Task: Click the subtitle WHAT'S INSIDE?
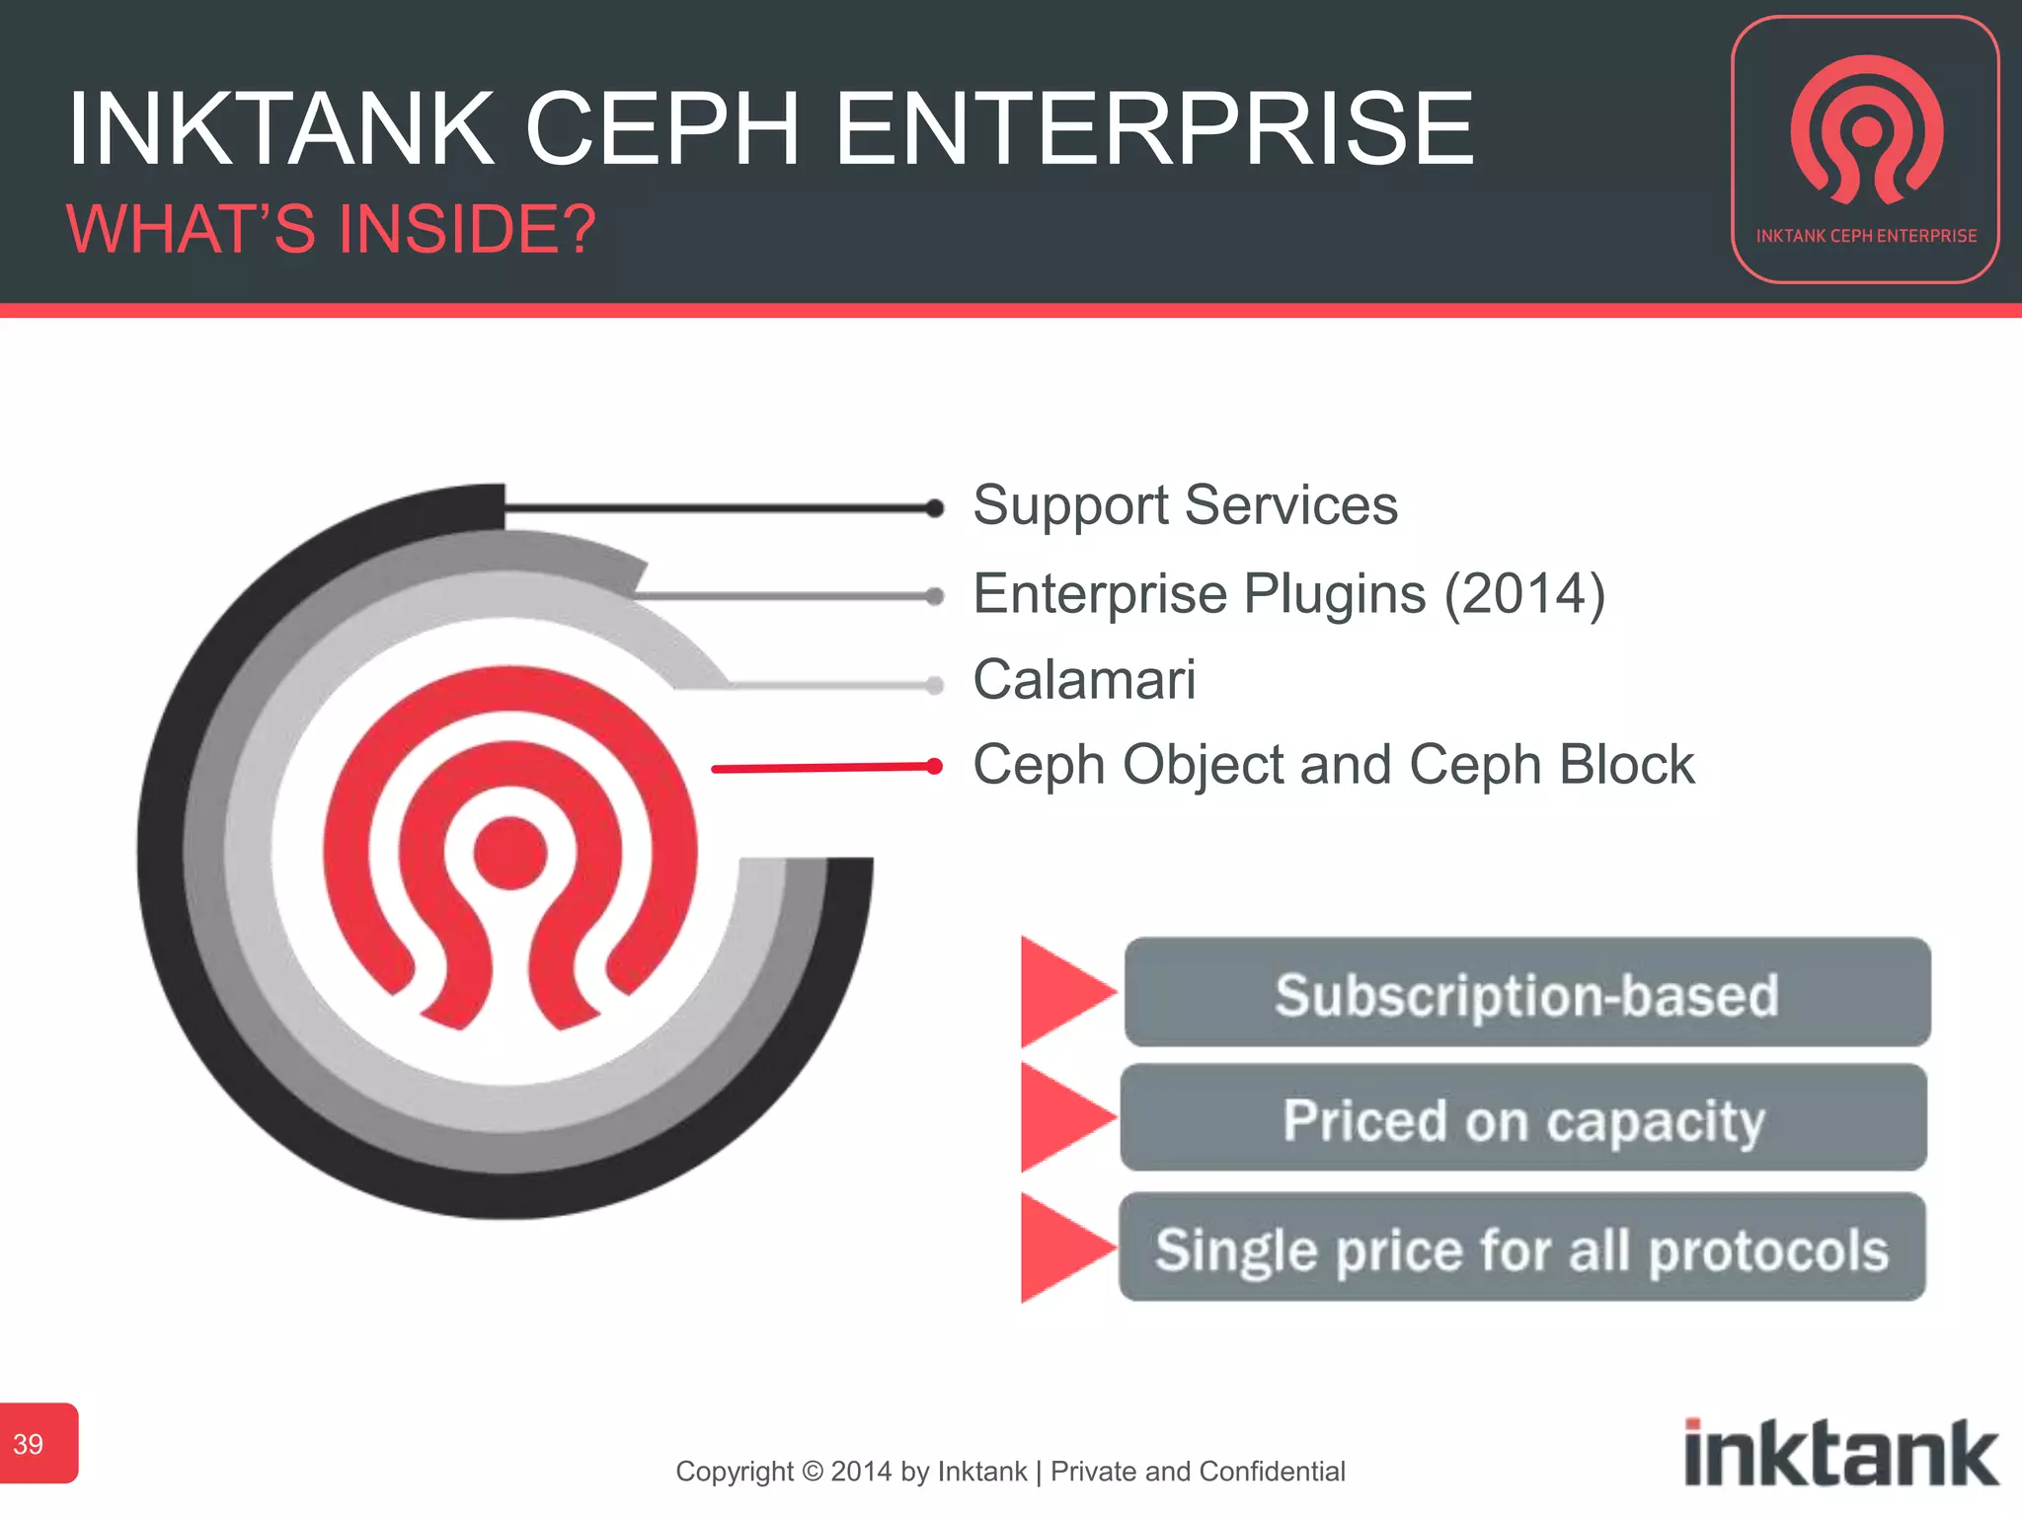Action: tap(331, 229)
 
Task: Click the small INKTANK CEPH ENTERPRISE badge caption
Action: tap(1866, 236)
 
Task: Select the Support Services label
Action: tap(1185, 505)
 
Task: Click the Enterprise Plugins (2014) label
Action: tap(1288, 594)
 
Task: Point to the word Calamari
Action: tap(1084, 680)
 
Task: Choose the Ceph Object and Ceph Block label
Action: tap(1333, 765)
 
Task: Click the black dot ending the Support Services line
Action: tap(934, 508)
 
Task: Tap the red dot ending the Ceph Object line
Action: tap(934, 766)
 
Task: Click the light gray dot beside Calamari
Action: tap(934, 685)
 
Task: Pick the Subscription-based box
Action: tap(1526, 993)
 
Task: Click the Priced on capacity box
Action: tap(1523, 1118)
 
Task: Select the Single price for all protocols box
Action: tap(1521, 1248)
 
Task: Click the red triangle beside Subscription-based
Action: tap(1061, 991)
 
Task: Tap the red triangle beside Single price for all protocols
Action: tap(1061, 1248)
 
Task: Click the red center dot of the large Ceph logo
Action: tap(509, 853)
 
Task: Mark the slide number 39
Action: tap(29, 1444)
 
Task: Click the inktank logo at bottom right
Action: tap(1840, 1453)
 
